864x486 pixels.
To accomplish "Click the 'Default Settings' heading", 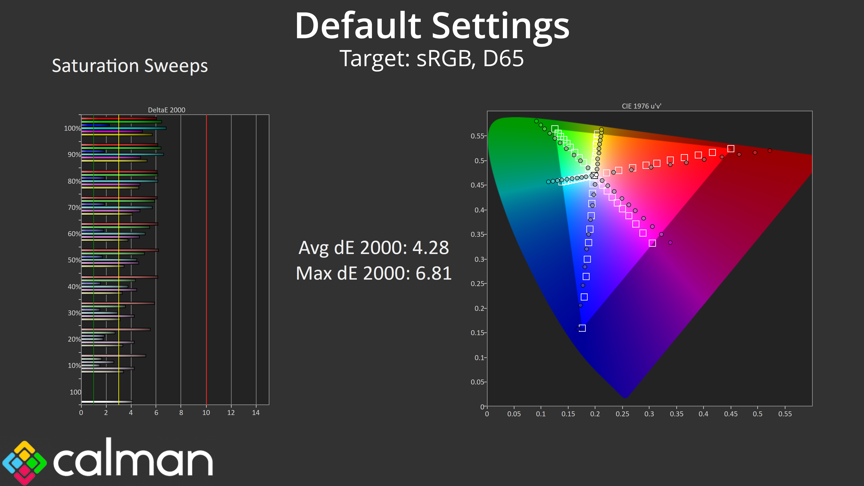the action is (432, 26).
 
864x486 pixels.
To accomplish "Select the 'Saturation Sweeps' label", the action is (130, 65).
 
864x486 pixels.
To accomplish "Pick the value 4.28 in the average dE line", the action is (431, 248).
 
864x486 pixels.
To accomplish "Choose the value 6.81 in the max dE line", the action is (433, 273).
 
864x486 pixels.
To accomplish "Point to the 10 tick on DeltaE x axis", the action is (206, 413).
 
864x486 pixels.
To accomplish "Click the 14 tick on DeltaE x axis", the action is (256, 413).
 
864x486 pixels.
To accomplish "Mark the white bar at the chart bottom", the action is (107, 401).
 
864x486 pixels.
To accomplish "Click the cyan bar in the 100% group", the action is (124, 128).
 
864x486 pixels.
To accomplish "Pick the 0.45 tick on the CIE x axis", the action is (731, 414).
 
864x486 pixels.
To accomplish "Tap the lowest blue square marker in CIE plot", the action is (582, 328).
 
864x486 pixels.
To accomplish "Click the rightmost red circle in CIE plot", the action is (770, 151).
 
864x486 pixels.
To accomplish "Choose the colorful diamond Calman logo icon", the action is (25, 463).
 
